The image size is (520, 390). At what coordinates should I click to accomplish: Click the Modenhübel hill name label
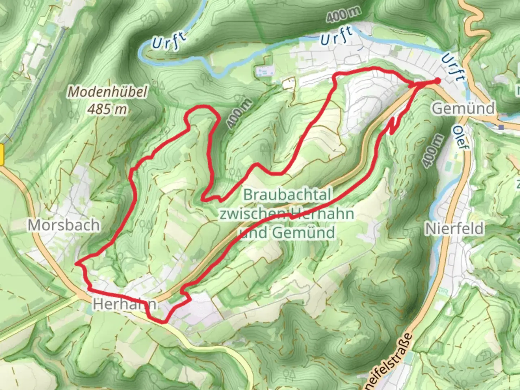[108, 92]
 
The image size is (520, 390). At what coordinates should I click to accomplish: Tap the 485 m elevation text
[108, 108]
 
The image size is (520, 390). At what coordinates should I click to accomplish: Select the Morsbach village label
[64, 225]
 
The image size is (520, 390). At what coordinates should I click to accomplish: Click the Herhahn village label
[125, 304]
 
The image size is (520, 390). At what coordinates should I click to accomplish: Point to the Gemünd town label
[463, 108]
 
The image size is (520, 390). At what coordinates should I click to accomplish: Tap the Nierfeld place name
[454, 229]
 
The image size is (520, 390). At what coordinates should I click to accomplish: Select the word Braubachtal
[287, 195]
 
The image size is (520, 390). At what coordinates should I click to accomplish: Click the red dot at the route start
[437, 81]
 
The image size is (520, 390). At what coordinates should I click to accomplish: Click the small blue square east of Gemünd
[501, 127]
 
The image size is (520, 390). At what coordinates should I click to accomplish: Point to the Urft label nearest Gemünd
[452, 67]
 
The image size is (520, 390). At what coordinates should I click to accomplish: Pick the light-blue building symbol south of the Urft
[264, 71]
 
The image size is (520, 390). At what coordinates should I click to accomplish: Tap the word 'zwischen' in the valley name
[253, 214]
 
